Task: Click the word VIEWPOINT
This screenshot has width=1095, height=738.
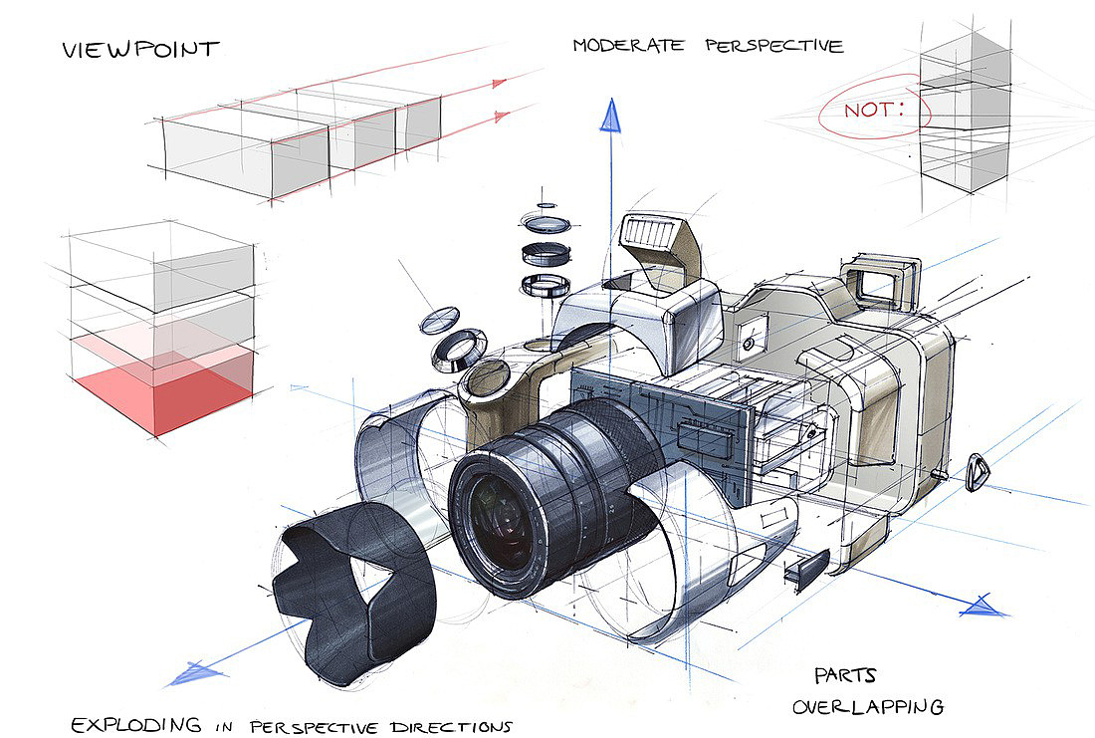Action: coord(140,49)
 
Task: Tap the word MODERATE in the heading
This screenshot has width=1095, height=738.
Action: coord(628,46)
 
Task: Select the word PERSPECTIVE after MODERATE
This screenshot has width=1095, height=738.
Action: coord(774,46)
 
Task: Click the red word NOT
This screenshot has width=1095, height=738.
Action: coord(874,109)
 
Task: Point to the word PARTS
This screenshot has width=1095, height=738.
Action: coord(845,676)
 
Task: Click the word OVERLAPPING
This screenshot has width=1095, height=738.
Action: coord(868,706)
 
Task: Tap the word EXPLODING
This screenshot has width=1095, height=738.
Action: coord(136,725)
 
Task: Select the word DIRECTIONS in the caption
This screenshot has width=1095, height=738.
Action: coord(451,727)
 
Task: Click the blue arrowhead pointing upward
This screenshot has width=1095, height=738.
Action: coord(610,116)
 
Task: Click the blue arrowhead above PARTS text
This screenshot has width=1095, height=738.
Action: coord(984,607)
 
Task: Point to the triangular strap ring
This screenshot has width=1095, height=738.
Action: coord(978,473)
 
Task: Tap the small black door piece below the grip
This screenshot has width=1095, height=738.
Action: coord(807,567)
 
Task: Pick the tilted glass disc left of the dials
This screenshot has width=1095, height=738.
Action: coord(440,320)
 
